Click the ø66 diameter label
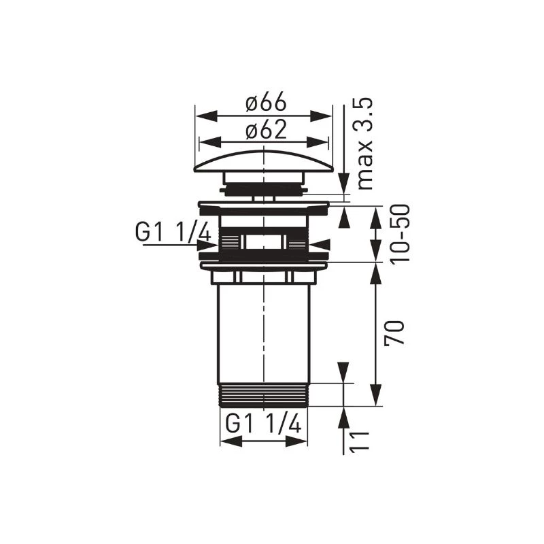pos(266,101)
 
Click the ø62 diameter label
pos(266,130)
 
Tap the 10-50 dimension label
pos(400,234)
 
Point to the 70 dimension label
pos(394,333)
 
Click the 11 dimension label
pos(359,442)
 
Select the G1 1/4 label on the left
pos(173,232)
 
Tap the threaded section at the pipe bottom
pos(264,394)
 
